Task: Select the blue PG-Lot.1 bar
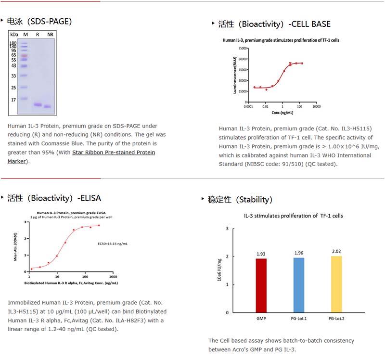point(298,285)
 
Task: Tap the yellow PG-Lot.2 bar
point(337,284)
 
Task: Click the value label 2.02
point(337,251)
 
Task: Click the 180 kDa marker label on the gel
point(13,43)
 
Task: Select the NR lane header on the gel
point(50,35)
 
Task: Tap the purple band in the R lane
point(38,104)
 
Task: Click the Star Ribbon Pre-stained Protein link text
point(114,153)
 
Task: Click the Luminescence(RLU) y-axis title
point(235,75)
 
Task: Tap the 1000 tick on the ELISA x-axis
point(114,277)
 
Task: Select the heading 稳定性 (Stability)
point(241,200)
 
